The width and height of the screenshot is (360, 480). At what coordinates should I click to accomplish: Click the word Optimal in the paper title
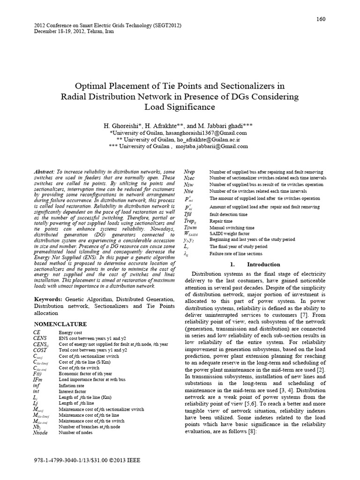92,86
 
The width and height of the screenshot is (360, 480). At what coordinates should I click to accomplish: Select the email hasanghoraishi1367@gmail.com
206,133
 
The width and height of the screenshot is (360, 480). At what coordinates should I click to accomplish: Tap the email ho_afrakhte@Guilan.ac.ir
203,140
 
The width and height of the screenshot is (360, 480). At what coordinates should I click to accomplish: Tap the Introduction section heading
263,264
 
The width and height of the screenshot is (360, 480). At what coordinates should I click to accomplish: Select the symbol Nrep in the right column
190,172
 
